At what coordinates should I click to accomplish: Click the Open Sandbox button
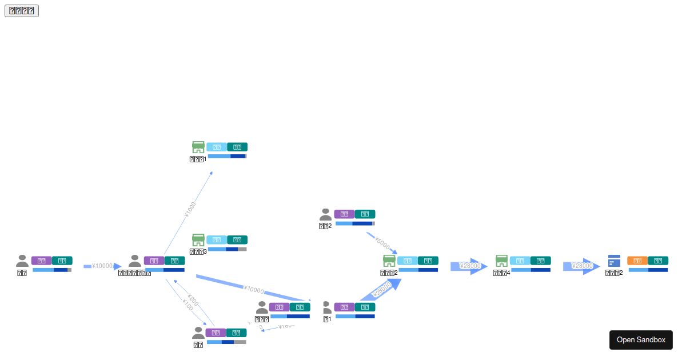point(641,339)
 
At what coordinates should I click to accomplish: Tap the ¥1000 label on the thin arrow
point(190,210)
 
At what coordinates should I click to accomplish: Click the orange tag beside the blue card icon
point(637,261)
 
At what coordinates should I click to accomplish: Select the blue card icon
point(614,261)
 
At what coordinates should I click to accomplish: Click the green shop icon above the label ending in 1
point(198,147)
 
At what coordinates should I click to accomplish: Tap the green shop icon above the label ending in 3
point(198,239)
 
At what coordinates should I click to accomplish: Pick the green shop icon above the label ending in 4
point(501,261)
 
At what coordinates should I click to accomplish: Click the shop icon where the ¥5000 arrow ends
point(389,261)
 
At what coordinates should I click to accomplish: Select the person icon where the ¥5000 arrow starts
point(325,214)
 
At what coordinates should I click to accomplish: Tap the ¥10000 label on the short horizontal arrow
point(102,266)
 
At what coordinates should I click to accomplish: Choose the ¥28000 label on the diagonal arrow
point(382,290)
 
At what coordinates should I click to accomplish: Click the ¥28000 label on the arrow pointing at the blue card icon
point(582,266)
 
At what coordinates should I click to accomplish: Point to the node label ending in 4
point(501,273)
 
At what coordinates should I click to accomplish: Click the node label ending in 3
point(198,251)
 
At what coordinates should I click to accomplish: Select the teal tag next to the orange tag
point(658,261)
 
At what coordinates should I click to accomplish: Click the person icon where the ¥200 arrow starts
point(198,333)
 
